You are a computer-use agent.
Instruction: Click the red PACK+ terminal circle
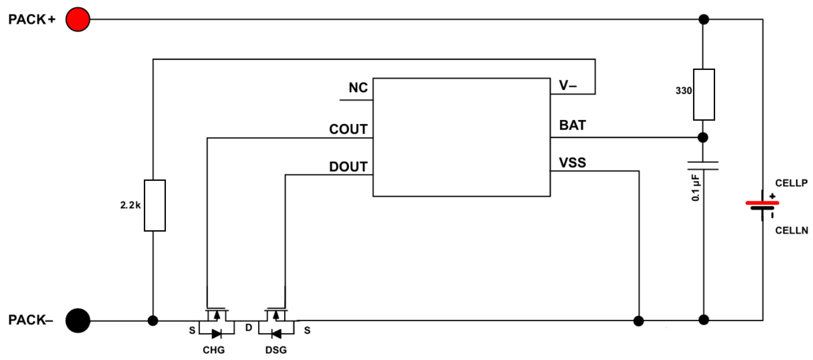78,19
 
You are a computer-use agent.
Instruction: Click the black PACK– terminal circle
78,321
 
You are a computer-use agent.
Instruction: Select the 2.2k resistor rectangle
155,205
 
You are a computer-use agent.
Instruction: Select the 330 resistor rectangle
704,95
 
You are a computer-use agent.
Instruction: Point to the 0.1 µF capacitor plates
703,166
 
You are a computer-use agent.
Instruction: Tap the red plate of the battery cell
762,203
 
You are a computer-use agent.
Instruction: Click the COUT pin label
348,129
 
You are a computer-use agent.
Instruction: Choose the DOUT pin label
348,167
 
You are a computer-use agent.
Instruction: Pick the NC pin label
358,87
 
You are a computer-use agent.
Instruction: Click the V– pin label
568,85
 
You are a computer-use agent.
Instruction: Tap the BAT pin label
572,125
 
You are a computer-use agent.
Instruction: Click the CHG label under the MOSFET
214,350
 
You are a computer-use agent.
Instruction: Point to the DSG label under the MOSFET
276,350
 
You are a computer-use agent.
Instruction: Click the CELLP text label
791,183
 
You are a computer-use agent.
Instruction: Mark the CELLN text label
792,230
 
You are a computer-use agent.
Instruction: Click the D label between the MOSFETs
249,328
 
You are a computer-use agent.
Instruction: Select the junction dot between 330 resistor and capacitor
703,138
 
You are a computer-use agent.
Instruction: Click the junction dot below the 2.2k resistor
153,321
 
